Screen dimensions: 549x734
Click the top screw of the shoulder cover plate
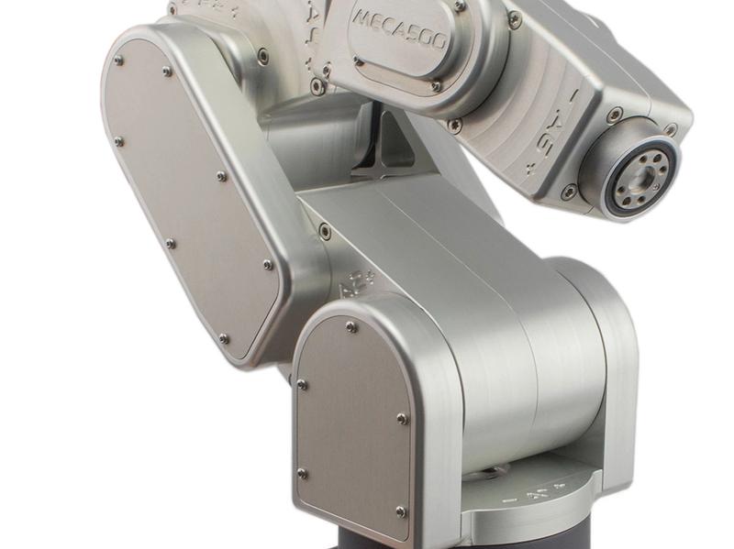351,326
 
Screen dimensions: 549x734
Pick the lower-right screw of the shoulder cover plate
400,511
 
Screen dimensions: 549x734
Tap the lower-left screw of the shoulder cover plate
302,474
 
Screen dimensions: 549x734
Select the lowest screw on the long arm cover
223,338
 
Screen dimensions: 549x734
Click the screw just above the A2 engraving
325,232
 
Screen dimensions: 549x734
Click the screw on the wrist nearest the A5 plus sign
570,192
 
